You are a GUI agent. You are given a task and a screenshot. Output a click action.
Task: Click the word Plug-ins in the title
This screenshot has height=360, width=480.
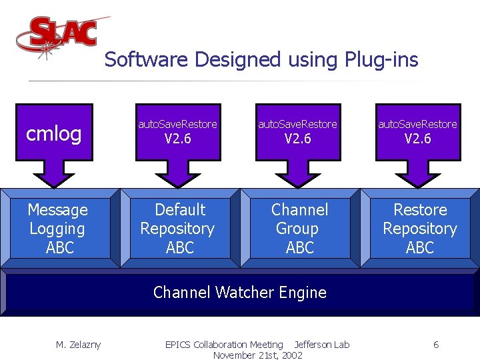pyautogui.click(x=381, y=60)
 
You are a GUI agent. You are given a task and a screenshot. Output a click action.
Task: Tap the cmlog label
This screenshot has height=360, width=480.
pyautogui.click(x=53, y=134)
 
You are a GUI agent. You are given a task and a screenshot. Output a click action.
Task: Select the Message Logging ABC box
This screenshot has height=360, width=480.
pyautogui.click(x=57, y=229)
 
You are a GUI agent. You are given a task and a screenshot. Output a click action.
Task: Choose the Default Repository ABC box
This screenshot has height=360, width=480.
pyautogui.click(x=178, y=229)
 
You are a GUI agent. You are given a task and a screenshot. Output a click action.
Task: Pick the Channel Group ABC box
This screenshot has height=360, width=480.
pyautogui.click(x=299, y=229)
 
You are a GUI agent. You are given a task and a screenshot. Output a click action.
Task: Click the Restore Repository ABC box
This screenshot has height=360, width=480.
pyautogui.click(x=419, y=229)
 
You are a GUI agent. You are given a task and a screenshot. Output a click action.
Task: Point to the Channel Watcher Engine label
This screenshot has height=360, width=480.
pyautogui.click(x=240, y=292)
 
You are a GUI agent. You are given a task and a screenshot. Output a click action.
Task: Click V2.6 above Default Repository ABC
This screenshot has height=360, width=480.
pyautogui.click(x=177, y=139)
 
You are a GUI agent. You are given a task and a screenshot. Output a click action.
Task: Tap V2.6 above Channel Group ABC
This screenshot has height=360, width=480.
pyautogui.click(x=297, y=139)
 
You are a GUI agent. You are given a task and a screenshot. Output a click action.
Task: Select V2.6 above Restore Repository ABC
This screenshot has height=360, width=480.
pyautogui.click(x=417, y=139)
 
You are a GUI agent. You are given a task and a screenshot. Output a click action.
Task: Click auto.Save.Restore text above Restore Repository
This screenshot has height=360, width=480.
pyautogui.click(x=417, y=124)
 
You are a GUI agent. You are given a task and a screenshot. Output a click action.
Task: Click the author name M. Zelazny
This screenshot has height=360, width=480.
pyautogui.click(x=78, y=345)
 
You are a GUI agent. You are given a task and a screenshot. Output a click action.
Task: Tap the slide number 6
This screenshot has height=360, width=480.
pyautogui.click(x=435, y=345)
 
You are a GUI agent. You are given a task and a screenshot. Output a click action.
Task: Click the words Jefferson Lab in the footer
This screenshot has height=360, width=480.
pyautogui.click(x=322, y=345)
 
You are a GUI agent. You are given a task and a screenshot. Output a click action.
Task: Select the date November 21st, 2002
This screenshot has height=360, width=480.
pyautogui.click(x=257, y=355)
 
